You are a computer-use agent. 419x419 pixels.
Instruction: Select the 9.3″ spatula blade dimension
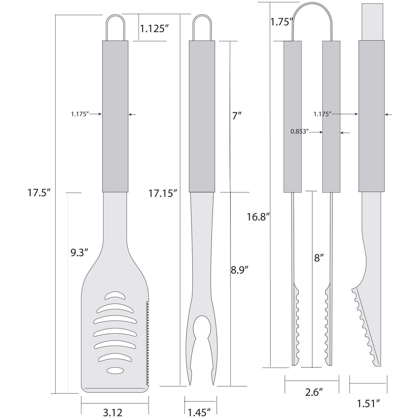(79, 253)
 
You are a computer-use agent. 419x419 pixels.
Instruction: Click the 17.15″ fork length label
(163, 193)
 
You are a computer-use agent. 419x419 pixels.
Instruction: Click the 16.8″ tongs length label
(258, 217)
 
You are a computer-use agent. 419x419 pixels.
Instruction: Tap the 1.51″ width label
(368, 403)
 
